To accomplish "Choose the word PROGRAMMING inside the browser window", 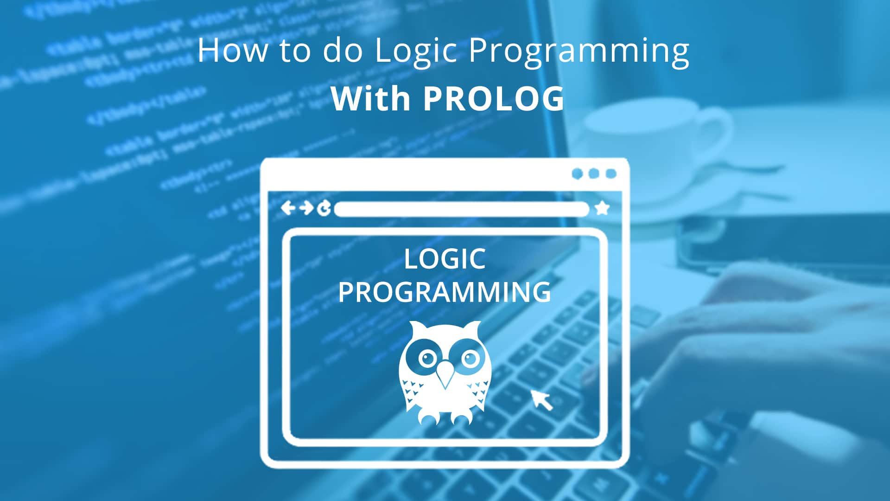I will [x=445, y=292].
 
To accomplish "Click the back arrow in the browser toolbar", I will [x=288, y=208].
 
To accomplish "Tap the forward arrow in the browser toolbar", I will [x=306, y=208].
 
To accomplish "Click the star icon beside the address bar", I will [x=602, y=208].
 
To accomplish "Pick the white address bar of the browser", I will [x=461, y=209].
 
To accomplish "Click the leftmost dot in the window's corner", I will [x=577, y=174].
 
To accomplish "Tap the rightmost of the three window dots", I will [x=611, y=174].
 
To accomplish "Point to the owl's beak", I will [x=445, y=373].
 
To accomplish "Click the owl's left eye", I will [x=426, y=358].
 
